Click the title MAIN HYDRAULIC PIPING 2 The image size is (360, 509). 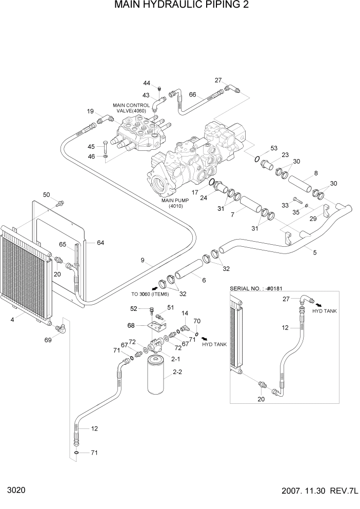pos(179,6)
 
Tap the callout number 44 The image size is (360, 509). pos(147,83)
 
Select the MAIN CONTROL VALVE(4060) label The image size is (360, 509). pos(131,108)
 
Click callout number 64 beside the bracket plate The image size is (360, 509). pos(101,243)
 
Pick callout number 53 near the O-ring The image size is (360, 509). pos(273,148)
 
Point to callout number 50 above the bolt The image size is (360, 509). pos(46,194)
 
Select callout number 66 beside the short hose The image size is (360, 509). pos(193,94)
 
